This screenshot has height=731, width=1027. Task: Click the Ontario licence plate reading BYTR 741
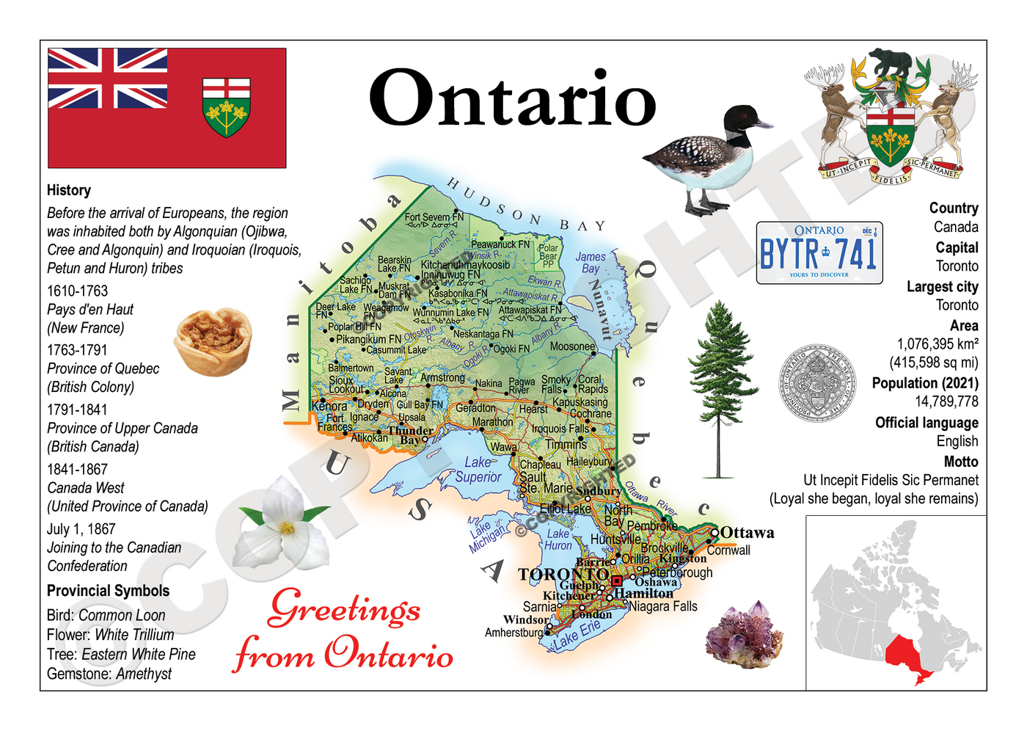coord(819,252)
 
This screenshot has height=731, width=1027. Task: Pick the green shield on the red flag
coord(226,107)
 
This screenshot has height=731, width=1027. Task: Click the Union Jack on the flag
coord(107,79)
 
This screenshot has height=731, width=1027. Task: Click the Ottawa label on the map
coord(747,533)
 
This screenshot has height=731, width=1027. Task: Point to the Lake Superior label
coord(478,470)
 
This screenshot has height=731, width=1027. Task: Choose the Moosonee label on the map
coord(572,346)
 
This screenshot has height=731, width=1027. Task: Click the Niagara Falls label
coord(662,606)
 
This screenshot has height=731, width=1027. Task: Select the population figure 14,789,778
coord(946,401)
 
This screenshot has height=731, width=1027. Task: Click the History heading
coord(69,190)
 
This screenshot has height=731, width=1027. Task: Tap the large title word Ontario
coord(511,99)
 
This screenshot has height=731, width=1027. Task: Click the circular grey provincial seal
coord(816,385)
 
